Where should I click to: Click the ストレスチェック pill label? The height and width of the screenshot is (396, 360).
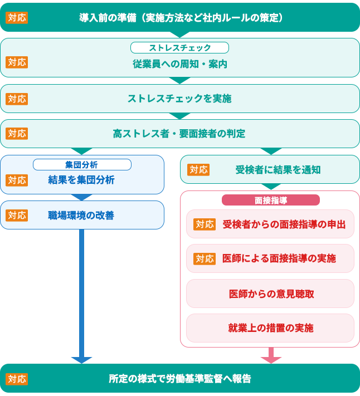[x=179, y=48]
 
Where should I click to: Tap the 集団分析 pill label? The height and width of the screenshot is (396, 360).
[x=82, y=165]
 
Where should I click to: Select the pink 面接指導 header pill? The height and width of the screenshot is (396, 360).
[x=271, y=201]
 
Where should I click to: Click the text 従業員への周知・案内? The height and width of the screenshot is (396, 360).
[x=180, y=64]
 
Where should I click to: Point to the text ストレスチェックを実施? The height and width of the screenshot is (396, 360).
[x=179, y=99]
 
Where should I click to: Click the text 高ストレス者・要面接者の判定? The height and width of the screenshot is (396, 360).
[x=179, y=134]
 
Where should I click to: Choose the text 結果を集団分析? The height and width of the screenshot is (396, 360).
[x=81, y=180]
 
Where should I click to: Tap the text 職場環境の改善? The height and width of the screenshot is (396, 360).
[x=81, y=216]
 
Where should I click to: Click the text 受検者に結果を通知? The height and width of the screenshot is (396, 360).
[x=278, y=170]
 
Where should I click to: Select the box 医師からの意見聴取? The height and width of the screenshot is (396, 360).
[x=270, y=294]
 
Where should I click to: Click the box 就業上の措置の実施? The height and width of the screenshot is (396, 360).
[x=270, y=328]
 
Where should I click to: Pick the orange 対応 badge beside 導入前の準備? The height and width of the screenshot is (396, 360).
[x=17, y=18]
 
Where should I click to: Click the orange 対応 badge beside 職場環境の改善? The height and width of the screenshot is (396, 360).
[x=17, y=216]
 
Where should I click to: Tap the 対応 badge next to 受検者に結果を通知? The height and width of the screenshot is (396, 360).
[x=198, y=170]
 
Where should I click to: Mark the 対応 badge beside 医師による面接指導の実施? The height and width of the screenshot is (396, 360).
[x=205, y=259]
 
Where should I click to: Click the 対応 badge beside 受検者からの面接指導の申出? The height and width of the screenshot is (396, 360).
[x=205, y=224]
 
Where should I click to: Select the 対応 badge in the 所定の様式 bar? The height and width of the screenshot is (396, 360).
[x=17, y=379]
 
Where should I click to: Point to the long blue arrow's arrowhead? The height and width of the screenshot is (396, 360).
[x=81, y=360]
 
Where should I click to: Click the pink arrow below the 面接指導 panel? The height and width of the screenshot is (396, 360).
[x=271, y=355]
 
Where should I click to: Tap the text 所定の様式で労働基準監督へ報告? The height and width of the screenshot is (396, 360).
[x=180, y=379]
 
